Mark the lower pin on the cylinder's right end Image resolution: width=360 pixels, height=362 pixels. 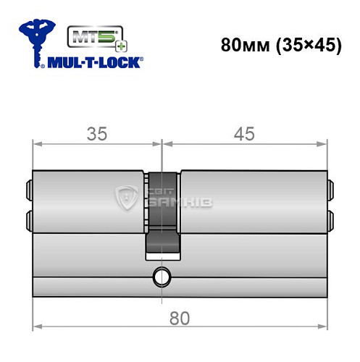pos(332,219)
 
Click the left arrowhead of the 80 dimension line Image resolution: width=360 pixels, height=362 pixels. pos(38,329)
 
